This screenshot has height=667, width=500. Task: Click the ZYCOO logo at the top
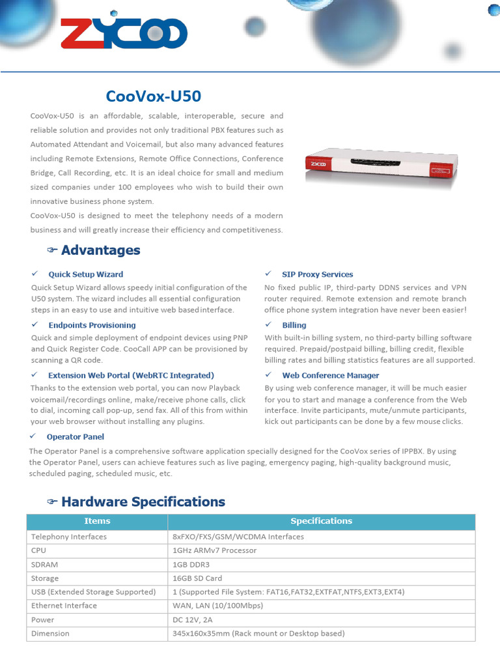(x=124, y=33)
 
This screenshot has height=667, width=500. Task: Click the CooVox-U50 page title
(x=154, y=96)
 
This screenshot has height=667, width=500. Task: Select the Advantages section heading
(x=100, y=250)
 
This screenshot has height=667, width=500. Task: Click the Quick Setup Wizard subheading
(x=85, y=274)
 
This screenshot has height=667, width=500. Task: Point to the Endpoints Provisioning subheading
(x=92, y=325)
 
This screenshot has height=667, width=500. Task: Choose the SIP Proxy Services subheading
(x=317, y=274)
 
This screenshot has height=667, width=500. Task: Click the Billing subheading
(x=294, y=325)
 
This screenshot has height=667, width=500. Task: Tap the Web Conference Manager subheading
(x=330, y=375)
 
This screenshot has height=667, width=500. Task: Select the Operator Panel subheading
(x=75, y=436)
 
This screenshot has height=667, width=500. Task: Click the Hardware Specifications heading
(x=143, y=502)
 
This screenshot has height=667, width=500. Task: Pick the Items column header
(x=97, y=521)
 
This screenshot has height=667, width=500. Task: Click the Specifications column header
(x=321, y=521)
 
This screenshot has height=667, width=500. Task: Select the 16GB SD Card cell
(x=197, y=578)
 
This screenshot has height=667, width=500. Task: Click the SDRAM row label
(x=45, y=565)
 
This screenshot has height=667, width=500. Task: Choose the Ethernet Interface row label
(x=64, y=606)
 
